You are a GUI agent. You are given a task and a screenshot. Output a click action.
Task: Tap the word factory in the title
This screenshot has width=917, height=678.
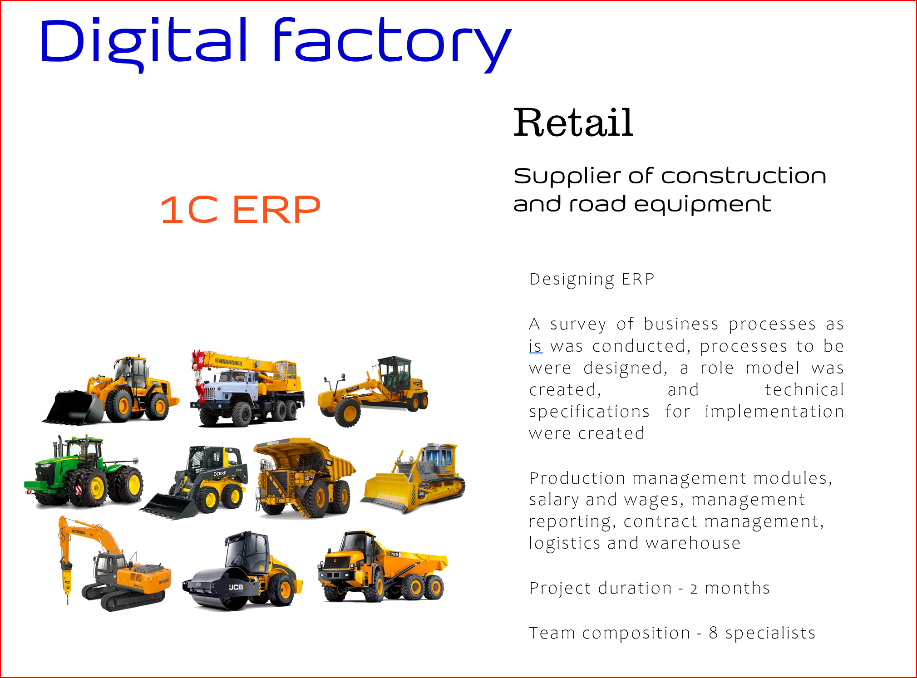tap(392, 44)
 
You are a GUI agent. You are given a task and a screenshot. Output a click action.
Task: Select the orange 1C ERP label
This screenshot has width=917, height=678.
tap(240, 210)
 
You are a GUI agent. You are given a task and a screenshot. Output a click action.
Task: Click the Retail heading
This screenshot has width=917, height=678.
tap(573, 123)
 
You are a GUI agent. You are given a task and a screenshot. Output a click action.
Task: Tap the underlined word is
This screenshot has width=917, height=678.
tap(536, 346)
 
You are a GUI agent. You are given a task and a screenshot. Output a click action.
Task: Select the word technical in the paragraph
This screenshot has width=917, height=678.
tap(804, 390)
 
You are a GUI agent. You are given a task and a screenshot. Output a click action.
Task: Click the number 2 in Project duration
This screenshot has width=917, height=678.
tap(694, 589)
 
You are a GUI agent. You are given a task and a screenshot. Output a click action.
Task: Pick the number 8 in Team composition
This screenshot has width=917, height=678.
tap(713, 633)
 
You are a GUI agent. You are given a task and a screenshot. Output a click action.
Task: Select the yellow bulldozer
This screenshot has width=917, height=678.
tap(413, 479)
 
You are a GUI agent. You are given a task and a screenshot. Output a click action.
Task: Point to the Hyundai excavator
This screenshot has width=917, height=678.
tap(114, 564)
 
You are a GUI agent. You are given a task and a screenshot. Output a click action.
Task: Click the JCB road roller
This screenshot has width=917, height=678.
tap(242, 571)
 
